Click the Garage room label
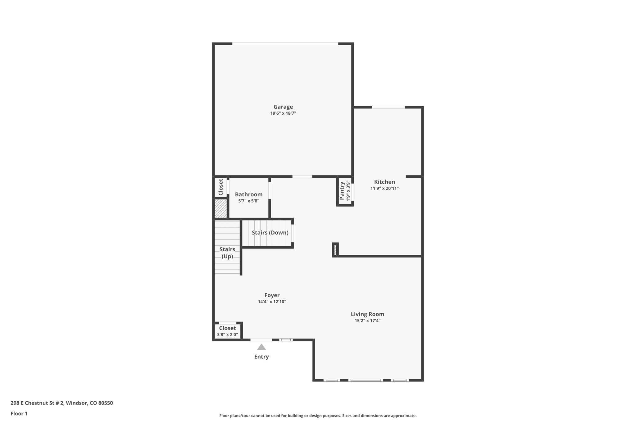coord(283,107)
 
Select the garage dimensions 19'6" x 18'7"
coord(283,113)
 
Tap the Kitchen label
coord(384,182)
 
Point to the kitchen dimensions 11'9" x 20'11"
coord(384,188)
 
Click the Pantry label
coord(342,191)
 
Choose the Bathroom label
coord(248,194)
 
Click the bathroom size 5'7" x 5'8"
coord(248,201)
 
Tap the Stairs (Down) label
coord(270,233)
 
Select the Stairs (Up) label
coord(227,253)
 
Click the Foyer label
coord(272,295)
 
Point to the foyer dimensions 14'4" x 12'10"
coord(272,302)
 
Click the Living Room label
coord(367,314)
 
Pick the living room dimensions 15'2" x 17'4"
coord(367,321)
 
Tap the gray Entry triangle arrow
coord(261,347)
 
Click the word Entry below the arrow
coord(261,357)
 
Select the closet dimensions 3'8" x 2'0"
coord(227,335)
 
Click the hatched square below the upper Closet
coord(221,208)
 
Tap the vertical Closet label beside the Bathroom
coord(221,187)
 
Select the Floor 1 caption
coord(19,413)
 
